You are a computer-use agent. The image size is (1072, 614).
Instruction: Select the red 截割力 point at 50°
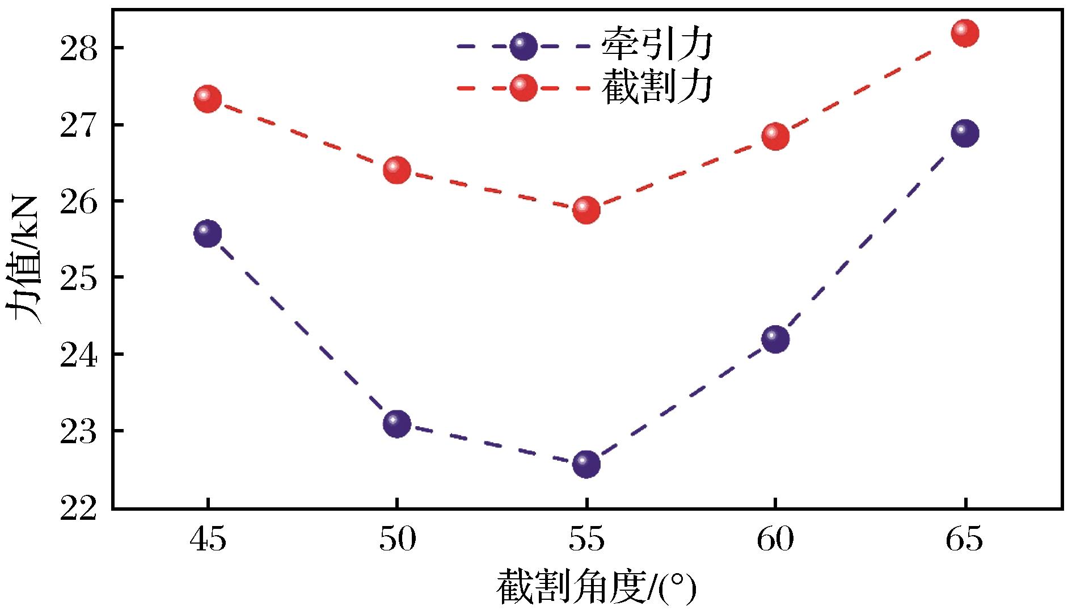(397, 170)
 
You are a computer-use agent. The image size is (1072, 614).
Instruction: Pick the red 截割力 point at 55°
(586, 210)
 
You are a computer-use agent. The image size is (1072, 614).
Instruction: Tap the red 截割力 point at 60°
(776, 136)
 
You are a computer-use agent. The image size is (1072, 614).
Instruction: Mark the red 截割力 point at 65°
(965, 33)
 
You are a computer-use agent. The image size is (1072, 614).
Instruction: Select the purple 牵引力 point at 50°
(397, 423)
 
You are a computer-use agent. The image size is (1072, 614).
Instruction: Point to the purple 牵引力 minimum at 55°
(586, 464)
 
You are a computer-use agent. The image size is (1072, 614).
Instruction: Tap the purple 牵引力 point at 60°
(776, 339)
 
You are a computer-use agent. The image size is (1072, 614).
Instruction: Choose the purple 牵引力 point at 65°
(965, 133)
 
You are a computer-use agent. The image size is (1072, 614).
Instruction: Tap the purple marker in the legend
(523, 46)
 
